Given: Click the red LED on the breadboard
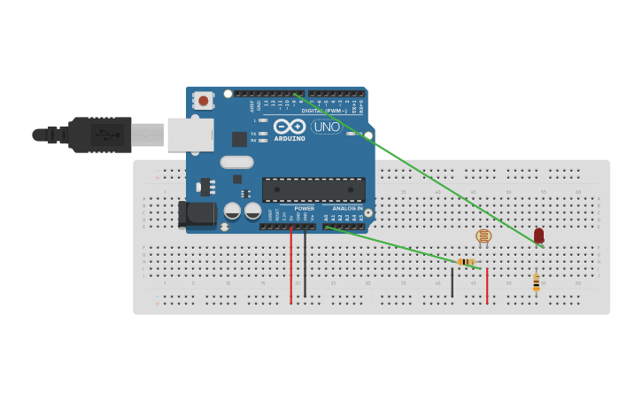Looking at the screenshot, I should pos(538,235).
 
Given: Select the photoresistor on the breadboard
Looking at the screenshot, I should pos(483,236).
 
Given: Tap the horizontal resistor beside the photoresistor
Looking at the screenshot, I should pos(467,261).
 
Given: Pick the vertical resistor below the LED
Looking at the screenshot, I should pos(536,281).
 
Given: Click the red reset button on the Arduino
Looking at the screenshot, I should pos(204,100).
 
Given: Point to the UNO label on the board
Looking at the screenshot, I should pos(326,127).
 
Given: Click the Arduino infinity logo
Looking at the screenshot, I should pos(289,127).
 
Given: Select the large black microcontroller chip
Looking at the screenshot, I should pos(313,189).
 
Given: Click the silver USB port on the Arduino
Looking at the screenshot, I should pos(190,135).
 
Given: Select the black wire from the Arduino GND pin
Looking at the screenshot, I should pos(305,266).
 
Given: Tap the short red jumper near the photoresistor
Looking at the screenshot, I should pos(486,285).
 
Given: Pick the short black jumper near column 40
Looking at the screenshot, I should pos(452,282).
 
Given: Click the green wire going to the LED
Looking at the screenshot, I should pos(416,167).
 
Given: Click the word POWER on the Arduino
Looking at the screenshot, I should pos(304,208).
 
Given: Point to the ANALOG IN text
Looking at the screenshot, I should pos(347,208).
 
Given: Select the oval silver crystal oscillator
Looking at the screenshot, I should pos(236,162).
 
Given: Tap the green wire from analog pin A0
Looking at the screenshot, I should pos(390,243).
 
